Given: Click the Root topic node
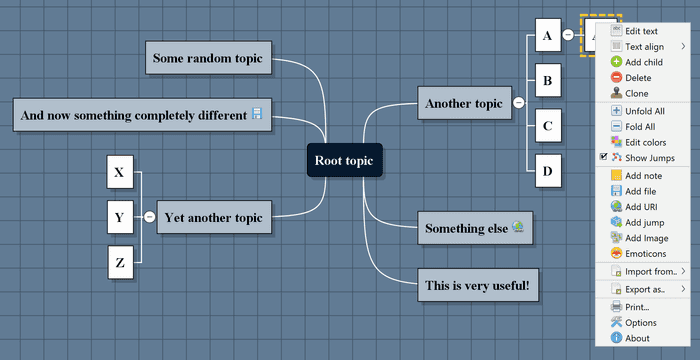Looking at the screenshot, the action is click(344, 160).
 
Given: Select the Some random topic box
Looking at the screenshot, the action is click(208, 58).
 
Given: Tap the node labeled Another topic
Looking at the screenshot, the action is click(463, 103).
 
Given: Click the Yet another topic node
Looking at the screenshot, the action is click(214, 216).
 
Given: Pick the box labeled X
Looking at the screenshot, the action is click(119, 172).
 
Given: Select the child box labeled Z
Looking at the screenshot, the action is click(120, 263).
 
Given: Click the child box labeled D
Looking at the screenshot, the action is click(546, 170).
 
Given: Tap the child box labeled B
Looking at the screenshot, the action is click(546, 78).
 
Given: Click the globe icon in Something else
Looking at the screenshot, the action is click(518, 227).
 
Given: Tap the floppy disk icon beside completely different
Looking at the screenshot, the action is click(256, 115).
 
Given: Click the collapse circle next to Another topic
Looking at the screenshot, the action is click(518, 103).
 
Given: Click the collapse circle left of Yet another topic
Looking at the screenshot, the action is click(149, 216).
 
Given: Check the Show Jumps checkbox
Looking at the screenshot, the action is click(604, 158).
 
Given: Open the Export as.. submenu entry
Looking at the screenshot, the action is click(645, 289).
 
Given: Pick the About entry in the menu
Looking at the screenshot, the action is click(637, 338).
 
